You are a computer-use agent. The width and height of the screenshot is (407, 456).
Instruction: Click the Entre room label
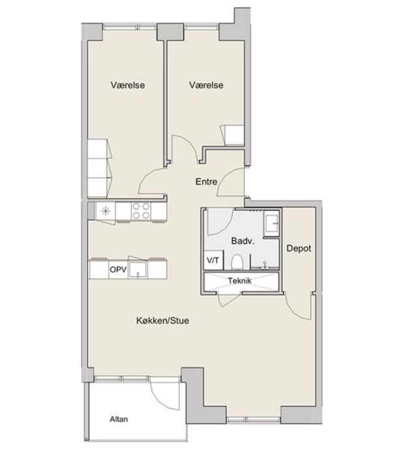pos(206,182)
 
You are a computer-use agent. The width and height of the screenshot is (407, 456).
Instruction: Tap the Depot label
pos(299,248)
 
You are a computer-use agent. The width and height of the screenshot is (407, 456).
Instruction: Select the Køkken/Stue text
pos(163,321)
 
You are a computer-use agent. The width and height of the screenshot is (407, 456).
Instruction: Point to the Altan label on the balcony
pos(119,419)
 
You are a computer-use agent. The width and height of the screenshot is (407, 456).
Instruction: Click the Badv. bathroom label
pos(243,241)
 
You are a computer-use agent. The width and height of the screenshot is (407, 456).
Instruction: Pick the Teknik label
pos(239,281)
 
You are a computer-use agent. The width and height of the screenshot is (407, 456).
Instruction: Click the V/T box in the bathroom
pos(213,260)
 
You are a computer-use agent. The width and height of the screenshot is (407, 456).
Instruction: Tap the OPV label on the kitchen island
pos(118,270)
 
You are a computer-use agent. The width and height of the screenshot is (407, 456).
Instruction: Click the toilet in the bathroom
pos(237,262)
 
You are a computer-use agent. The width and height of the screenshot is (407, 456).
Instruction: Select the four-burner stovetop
pos(141,211)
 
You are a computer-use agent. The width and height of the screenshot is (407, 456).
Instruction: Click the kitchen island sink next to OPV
pos(138,270)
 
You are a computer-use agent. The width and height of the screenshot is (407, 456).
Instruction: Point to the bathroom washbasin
pos(271,223)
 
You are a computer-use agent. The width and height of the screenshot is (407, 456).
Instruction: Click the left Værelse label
pos(128,85)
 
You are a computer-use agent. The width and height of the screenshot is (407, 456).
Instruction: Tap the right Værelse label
pos(206,85)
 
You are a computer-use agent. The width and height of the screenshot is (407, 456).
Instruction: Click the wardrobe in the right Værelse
pos(232,135)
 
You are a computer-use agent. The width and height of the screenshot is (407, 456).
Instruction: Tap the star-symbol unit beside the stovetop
pos(106,211)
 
